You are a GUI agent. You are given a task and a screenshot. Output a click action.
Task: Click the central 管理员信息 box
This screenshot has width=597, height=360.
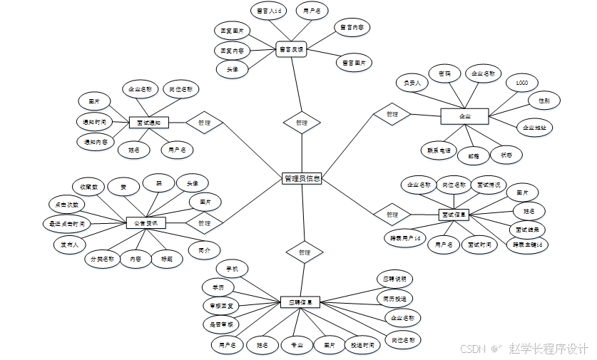coord(302,179)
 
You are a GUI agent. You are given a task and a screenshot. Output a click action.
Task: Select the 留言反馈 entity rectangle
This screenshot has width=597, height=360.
coord(291,49)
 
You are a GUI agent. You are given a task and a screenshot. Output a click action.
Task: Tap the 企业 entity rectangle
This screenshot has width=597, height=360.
coord(464,115)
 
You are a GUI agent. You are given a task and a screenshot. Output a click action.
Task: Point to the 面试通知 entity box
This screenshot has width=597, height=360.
coord(148,123)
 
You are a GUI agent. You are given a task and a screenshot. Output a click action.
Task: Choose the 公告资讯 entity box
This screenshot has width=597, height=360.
coord(146,223)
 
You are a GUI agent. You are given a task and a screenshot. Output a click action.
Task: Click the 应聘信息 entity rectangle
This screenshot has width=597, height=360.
coord(300,302)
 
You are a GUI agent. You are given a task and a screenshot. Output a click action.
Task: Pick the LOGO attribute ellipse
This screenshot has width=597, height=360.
coord(521,83)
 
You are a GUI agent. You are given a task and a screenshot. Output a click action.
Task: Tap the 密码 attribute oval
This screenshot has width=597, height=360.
coord(444,73)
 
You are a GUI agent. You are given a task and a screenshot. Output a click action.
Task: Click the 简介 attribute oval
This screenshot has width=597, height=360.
coord(205,250)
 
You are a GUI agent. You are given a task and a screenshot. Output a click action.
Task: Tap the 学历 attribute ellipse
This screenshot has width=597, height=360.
coord(218,287)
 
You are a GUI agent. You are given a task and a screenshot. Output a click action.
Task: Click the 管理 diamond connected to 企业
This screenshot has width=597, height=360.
coord(392,114)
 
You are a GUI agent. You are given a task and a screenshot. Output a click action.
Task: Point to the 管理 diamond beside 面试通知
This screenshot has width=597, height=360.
coord(204,123)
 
